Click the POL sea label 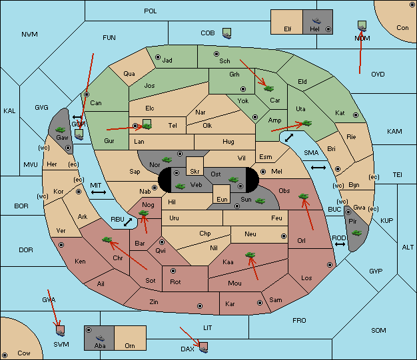coord(151,11)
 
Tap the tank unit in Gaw coord(61,130)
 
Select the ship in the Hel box coord(316,21)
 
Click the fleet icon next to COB coord(227,33)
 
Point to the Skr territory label coord(195,172)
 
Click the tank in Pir coord(356,233)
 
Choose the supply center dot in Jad coord(158,57)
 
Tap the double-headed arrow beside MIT coord(99,192)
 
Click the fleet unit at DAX coord(203,347)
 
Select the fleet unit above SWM coord(61,331)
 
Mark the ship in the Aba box coord(101,337)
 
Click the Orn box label coord(130,345)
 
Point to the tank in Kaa coord(250,255)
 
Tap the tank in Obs coord(304,196)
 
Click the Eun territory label coord(222,199)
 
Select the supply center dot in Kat coord(356,115)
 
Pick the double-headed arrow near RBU coord(128,222)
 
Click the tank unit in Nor coord(167,160)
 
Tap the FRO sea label coord(299,321)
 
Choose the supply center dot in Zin coord(200,306)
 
